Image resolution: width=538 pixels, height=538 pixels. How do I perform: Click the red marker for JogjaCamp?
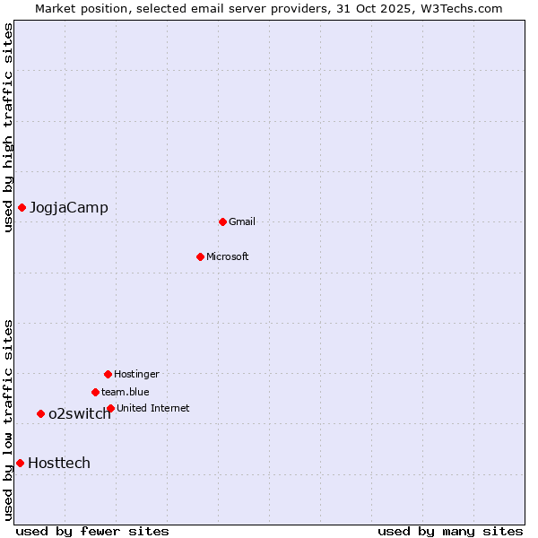(22, 208)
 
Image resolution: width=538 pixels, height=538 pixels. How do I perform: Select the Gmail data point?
(222, 221)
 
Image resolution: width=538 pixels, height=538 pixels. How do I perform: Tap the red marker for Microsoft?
(200, 256)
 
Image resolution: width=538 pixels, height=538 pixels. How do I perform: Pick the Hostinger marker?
(108, 374)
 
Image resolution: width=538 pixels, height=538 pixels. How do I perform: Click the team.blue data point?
(95, 392)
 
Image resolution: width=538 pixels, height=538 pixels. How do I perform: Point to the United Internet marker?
(110, 408)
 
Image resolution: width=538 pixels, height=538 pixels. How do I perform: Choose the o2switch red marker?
(40, 413)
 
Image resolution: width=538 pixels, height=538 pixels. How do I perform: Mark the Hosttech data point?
(20, 463)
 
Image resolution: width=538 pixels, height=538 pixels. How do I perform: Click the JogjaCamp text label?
(69, 208)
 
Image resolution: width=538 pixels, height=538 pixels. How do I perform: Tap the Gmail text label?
(242, 221)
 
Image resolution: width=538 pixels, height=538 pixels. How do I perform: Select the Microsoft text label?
(228, 256)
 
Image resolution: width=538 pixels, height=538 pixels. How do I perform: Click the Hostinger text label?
(136, 374)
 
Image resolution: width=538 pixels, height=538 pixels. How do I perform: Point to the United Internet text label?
(153, 408)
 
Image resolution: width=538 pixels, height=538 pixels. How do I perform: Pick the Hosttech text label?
(59, 463)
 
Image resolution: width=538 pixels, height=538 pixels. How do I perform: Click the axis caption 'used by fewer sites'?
(92, 531)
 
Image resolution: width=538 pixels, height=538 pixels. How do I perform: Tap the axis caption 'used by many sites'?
(450, 531)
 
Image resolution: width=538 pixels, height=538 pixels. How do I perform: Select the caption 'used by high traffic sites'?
(8, 127)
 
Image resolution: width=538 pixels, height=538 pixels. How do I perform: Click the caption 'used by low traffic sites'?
(8, 420)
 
